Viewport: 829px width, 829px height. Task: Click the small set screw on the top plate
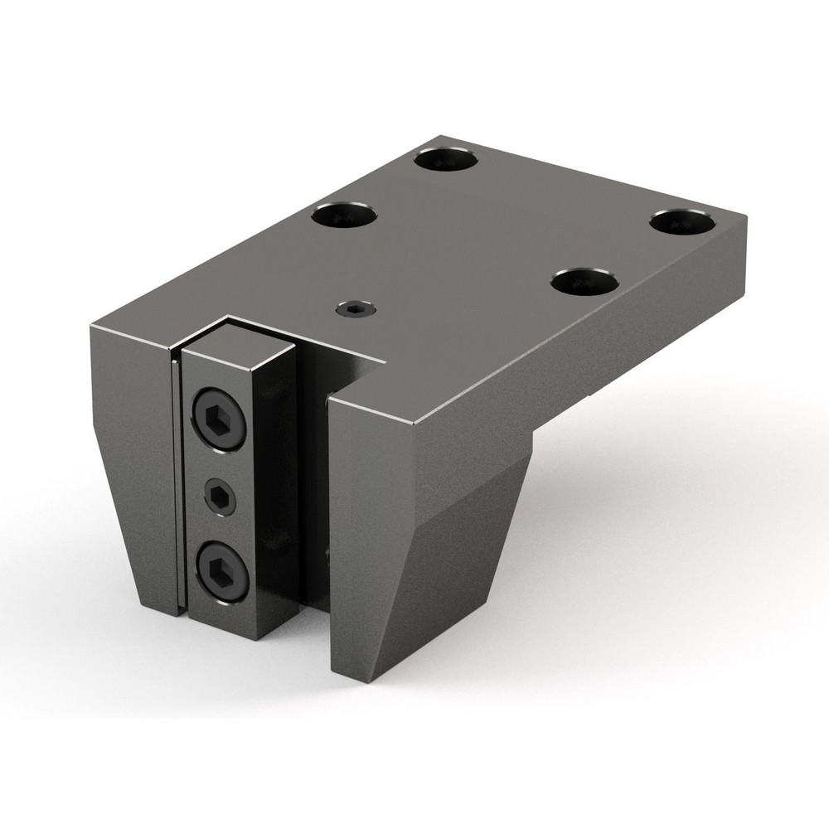tap(355, 310)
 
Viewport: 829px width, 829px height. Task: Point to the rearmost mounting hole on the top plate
tap(448, 158)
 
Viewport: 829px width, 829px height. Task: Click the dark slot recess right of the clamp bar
tap(318, 481)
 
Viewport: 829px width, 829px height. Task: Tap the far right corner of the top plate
tap(744, 217)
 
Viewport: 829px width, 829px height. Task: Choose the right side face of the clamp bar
tap(280, 497)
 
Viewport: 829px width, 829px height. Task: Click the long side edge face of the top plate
tap(580, 348)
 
